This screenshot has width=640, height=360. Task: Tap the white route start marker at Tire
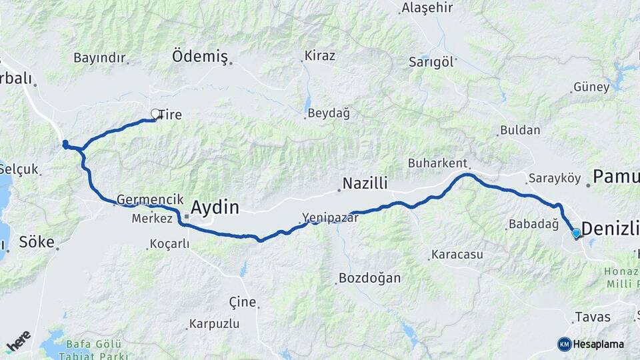coord(155,114)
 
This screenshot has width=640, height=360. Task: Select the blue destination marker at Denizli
coord(576,233)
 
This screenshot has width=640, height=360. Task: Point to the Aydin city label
coord(215,207)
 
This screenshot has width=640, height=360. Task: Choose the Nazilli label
coord(365,183)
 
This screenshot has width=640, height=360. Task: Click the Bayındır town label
coord(99,58)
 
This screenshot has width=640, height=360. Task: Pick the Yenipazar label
coord(330,217)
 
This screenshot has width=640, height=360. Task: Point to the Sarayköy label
coord(555,179)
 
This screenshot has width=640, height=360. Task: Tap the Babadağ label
coord(533,225)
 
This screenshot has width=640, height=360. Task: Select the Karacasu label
coord(457,255)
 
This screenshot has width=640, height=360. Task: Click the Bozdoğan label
coord(369,278)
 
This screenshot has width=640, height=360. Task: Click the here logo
coord(19,341)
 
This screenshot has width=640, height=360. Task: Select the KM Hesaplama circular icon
coord(565,344)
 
